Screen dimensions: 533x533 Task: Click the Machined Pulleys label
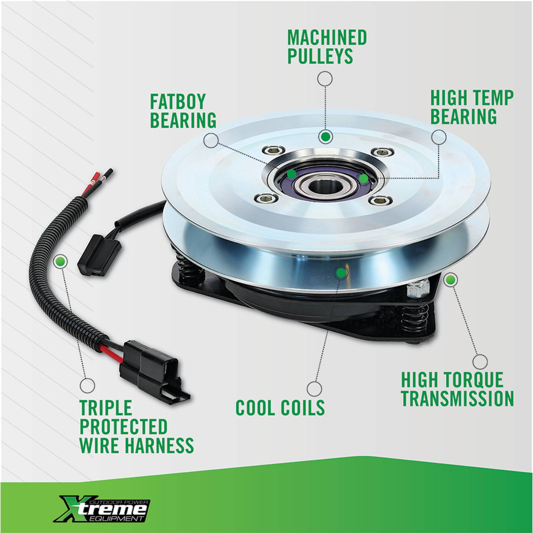(327, 47)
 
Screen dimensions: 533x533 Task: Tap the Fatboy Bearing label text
(183, 111)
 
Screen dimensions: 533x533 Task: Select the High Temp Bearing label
(472, 107)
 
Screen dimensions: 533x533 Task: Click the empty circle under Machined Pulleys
(325, 79)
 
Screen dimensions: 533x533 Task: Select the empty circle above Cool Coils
(314, 389)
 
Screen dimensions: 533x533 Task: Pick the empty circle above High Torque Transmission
(480, 362)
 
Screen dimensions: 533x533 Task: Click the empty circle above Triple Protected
(87, 385)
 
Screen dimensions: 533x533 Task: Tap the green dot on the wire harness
(60, 261)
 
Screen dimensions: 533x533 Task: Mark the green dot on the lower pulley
(341, 273)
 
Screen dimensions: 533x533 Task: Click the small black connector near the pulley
(99, 254)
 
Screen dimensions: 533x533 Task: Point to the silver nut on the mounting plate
(418, 288)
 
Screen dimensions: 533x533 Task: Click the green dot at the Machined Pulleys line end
(326, 137)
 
